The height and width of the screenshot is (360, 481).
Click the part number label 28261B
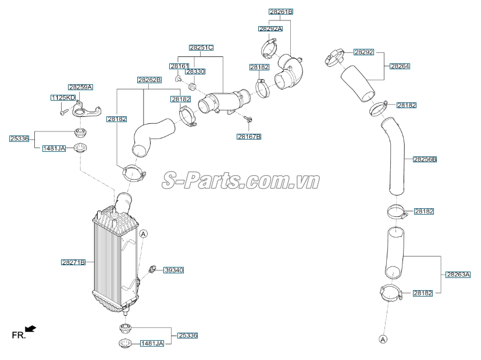[281, 12]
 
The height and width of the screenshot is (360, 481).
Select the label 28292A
[270, 28]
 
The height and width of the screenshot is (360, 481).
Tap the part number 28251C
[201, 47]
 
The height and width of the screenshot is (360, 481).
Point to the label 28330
[195, 72]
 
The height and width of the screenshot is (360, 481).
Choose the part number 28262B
[149, 80]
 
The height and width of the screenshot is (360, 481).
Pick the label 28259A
[80, 87]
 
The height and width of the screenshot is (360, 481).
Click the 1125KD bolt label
[63, 98]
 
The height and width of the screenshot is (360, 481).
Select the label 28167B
[249, 137]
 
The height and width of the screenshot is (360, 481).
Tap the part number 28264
[400, 66]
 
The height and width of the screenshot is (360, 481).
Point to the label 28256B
[425, 159]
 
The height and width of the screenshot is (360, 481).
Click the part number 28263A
[458, 274]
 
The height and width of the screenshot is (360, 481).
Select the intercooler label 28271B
[73, 262]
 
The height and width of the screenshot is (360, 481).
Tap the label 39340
[173, 270]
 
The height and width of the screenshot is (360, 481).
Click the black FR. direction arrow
[30, 329]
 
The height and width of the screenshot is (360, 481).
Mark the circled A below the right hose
[383, 338]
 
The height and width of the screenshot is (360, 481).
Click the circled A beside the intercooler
[144, 234]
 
